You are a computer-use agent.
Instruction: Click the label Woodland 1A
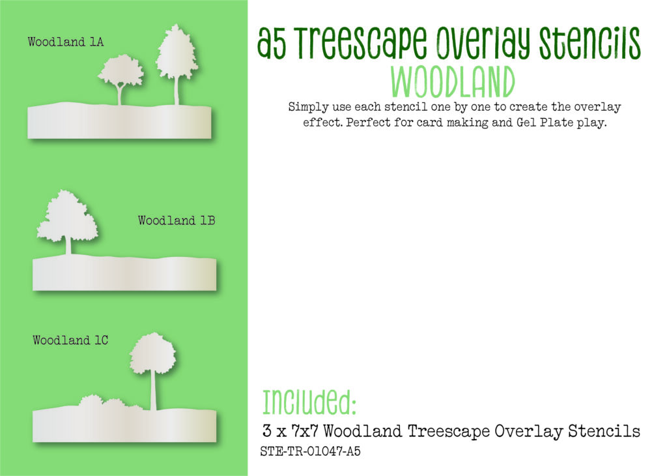coord(66,42)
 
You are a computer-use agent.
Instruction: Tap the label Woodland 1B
coord(176,220)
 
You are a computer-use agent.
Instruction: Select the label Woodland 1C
coord(70,340)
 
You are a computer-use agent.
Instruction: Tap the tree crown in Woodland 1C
coord(152,353)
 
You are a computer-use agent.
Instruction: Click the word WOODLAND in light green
coord(453,83)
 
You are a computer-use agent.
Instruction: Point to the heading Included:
coord(309,402)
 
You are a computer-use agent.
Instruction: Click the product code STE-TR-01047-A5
coord(310,451)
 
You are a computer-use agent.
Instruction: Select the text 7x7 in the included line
coord(305,431)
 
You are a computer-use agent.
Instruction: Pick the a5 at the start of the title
coord(272,44)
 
